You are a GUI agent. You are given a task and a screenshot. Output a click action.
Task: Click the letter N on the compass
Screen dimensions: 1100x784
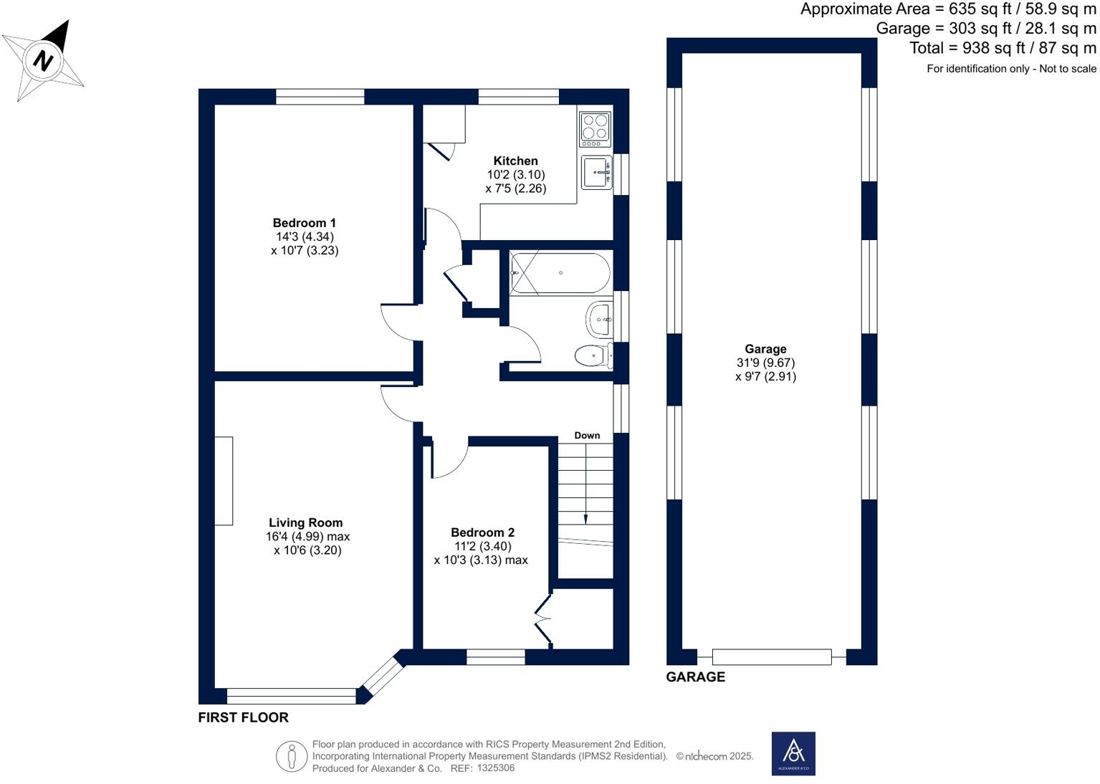tap(43, 61)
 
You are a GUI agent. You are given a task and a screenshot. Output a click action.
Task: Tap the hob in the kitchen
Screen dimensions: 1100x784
tap(596, 129)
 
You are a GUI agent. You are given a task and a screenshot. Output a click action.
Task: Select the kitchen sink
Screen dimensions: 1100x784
tap(597, 173)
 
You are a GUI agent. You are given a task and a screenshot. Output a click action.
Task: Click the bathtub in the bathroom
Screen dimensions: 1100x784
tap(560, 272)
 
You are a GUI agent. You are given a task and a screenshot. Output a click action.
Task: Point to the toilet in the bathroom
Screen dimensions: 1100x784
tap(593, 355)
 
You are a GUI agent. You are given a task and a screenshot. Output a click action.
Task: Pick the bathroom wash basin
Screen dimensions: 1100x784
tap(599, 320)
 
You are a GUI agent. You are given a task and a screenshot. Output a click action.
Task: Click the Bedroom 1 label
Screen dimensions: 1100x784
tap(305, 223)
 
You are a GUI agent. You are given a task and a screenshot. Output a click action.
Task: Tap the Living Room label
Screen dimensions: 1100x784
tap(305, 522)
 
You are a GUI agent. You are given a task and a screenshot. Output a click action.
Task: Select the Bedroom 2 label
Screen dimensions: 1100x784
tap(483, 532)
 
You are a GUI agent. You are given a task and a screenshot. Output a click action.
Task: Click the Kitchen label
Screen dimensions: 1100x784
tap(516, 161)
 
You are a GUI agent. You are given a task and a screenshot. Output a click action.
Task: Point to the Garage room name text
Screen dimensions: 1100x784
tap(765, 349)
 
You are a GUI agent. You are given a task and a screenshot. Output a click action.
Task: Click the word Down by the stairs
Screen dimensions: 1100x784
tap(588, 435)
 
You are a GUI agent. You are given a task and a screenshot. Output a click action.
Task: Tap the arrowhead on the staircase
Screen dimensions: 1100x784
tap(586, 520)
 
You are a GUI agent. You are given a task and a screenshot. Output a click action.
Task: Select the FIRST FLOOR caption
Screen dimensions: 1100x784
tap(244, 717)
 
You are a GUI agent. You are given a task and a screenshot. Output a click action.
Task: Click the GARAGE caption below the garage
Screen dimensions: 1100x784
tap(695, 677)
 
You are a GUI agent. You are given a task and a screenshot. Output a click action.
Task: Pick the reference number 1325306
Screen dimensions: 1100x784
tap(497, 768)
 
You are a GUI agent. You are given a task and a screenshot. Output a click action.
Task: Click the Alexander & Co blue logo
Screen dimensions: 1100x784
tap(793, 754)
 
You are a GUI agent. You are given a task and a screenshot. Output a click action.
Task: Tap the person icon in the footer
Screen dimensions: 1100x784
tap(292, 756)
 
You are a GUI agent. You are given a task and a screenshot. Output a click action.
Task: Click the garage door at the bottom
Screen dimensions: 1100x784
tap(772, 656)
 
